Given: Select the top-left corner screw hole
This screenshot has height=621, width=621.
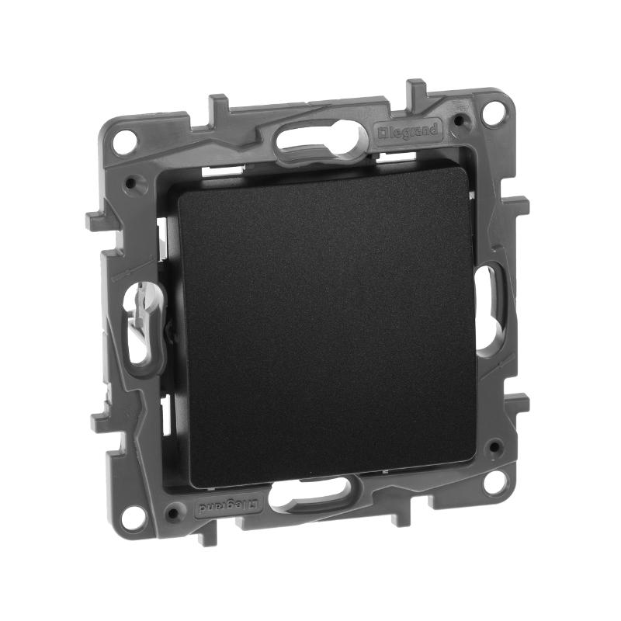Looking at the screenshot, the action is click(125, 141).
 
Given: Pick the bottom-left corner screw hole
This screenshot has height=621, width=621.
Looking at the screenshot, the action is click(132, 518).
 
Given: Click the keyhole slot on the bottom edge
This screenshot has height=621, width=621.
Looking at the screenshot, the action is click(312, 491).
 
